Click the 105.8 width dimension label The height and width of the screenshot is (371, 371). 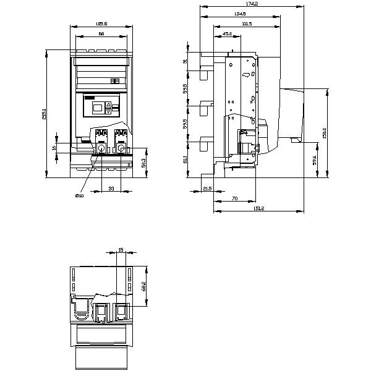pyautogui.click(x=102, y=25)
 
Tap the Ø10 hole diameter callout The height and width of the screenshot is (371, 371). pyautogui.click(x=79, y=195)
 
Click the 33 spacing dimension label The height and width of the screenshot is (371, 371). pyautogui.click(x=111, y=187)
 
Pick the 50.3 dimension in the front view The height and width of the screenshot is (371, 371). pyautogui.click(x=143, y=163)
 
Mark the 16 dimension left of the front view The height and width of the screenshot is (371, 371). pyautogui.click(x=54, y=148)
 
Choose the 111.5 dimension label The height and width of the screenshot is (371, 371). pyautogui.click(x=247, y=23)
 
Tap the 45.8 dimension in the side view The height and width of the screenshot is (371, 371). pyautogui.click(x=227, y=34)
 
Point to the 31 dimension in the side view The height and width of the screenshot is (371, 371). pyautogui.click(x=185, y=61)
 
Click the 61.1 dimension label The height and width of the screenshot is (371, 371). pyautogui.click(x=185, y=160)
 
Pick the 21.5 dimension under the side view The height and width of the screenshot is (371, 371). pyautogui.click(x=208, y=188)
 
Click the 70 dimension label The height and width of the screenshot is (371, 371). pyautogui.click(x=235, y=198)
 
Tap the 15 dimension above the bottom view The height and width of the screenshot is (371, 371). pyautogui.click(x=121, y=250)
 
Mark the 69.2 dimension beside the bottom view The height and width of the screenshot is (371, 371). pyautogui.click(x=143, y=286)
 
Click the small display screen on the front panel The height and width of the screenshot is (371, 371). pyautogui.click(x=97, y=108)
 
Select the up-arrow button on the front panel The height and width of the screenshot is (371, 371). pyautogui.click(x=108, y=104)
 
